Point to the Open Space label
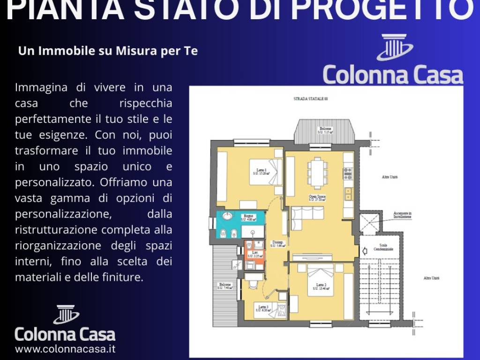point(317,196)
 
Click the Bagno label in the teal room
point(248,216)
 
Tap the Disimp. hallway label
point(276,242)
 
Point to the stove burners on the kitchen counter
point(348,174)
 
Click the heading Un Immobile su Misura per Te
point(107,51)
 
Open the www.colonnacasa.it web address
point(65,349)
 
